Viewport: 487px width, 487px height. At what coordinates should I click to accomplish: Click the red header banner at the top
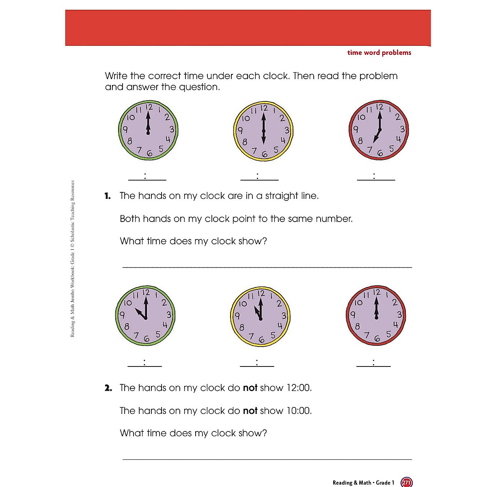pos(248,28)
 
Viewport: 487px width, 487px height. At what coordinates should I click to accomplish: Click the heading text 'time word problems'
pos(379,53)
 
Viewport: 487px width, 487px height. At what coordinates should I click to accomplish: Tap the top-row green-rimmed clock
pos(149,131)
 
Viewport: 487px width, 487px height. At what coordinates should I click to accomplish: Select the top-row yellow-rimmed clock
pos(264,131)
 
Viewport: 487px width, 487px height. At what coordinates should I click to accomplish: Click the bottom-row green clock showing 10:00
pos(145,315)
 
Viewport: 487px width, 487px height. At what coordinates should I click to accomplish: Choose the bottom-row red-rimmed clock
pos(376,315)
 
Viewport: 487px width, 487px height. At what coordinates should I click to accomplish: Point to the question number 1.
pos(108,196)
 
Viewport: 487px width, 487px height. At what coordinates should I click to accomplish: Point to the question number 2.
pos(108,388)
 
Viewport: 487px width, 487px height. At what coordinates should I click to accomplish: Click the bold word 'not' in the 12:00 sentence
pos(250,388)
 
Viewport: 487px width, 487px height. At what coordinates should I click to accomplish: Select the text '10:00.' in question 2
pos(299,411)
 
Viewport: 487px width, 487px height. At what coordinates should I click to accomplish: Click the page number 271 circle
pos(406,482)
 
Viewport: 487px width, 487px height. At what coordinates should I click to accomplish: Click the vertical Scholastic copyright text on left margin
pos(73,259)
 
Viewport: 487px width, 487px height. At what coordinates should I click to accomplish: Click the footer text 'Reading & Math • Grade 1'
pos(363,483)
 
